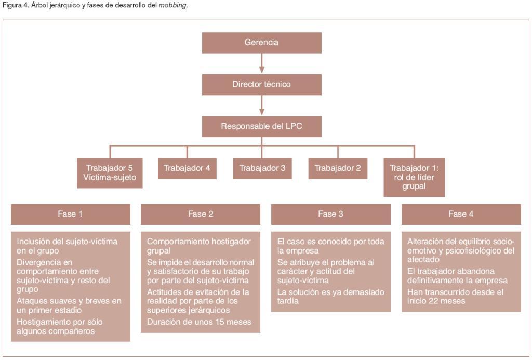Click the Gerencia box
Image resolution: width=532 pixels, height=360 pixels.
tap(261, 43)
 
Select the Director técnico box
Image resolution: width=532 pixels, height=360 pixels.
tap(261, 84)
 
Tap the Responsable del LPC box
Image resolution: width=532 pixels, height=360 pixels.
tap(261, 126)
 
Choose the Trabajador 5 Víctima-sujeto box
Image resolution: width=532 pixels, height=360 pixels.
tap(109, 172)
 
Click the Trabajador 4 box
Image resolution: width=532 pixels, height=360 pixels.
tap(187, 168)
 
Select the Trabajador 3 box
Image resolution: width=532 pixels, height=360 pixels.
tap(262, 168)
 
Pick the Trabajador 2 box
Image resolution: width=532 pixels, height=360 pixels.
tap(338, 168)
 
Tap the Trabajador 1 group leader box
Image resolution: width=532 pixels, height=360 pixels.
tap(414, 177)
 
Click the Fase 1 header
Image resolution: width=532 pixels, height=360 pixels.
tap(70, 214)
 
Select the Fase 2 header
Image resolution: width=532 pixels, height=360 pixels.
tap(201, 214)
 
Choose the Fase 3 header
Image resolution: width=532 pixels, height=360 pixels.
tap(331, 214)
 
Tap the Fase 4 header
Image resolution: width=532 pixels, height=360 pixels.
tap(461, 214)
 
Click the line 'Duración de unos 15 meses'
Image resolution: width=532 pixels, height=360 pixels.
tap(199, 322)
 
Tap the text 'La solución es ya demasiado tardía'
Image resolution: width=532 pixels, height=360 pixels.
tap(331, 297)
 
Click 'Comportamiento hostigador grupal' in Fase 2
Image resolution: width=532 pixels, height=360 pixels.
tap(198, 246)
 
